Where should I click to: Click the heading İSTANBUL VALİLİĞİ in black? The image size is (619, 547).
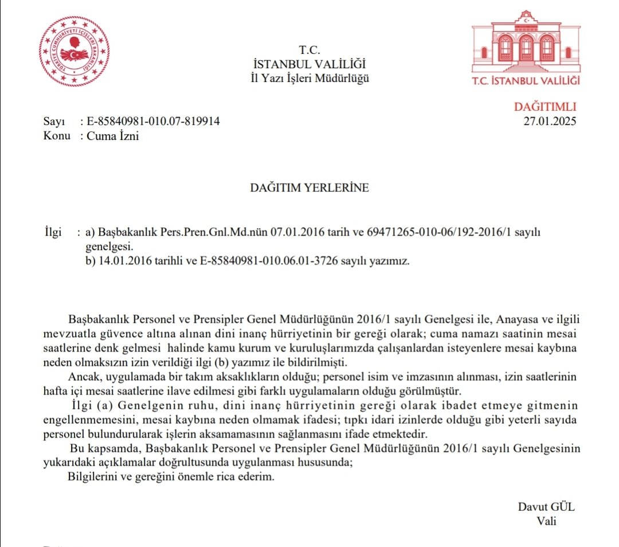[309, 64]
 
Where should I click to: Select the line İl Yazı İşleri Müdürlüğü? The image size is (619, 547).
[309, 78]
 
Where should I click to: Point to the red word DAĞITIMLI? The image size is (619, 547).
[544, 107]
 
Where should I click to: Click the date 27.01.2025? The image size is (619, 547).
[550, 121]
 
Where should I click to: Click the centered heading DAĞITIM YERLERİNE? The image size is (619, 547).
[309, 187]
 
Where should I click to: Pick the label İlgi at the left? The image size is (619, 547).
[53, 233]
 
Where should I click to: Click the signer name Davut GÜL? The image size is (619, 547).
[546, 507]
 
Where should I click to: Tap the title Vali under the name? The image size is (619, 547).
[546, 521]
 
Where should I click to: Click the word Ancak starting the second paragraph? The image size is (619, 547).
[84, 378]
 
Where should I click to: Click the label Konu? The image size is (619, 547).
[56, 136]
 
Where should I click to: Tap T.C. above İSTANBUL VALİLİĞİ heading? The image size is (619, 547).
[309, 49]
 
